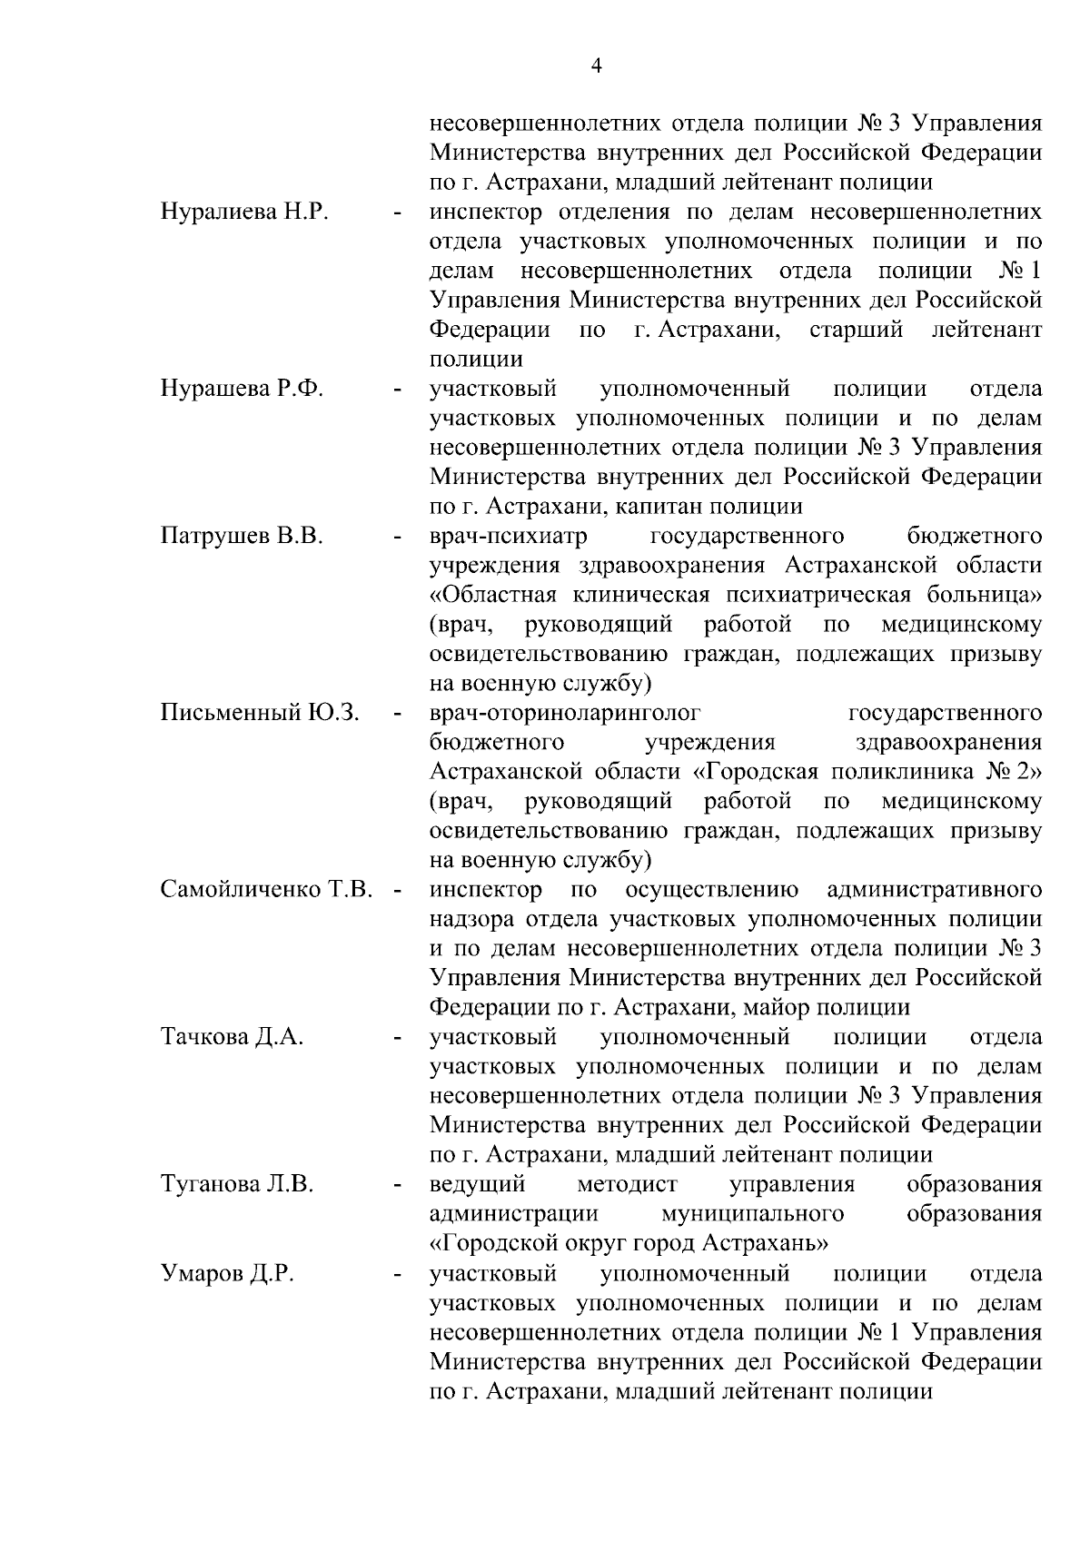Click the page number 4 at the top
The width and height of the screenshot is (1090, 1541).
(596, 65)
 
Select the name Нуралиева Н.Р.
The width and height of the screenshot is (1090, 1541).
(243, 212)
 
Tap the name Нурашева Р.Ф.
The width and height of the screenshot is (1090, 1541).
(242, 390)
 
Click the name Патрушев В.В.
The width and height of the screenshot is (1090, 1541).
(242, 537)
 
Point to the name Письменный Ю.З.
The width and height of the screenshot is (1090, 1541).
(260, 713)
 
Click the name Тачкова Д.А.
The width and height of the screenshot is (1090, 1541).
(232, 1037)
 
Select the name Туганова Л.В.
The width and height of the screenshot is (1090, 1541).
(236, 1184)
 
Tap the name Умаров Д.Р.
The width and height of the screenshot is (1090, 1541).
(227, 1273)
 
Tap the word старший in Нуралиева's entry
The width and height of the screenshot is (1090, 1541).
(856, 330)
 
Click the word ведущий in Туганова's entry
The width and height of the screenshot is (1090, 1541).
(478, 1184)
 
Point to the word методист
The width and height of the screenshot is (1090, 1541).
(628, 1184)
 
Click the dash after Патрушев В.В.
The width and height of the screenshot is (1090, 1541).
(397, 538)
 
